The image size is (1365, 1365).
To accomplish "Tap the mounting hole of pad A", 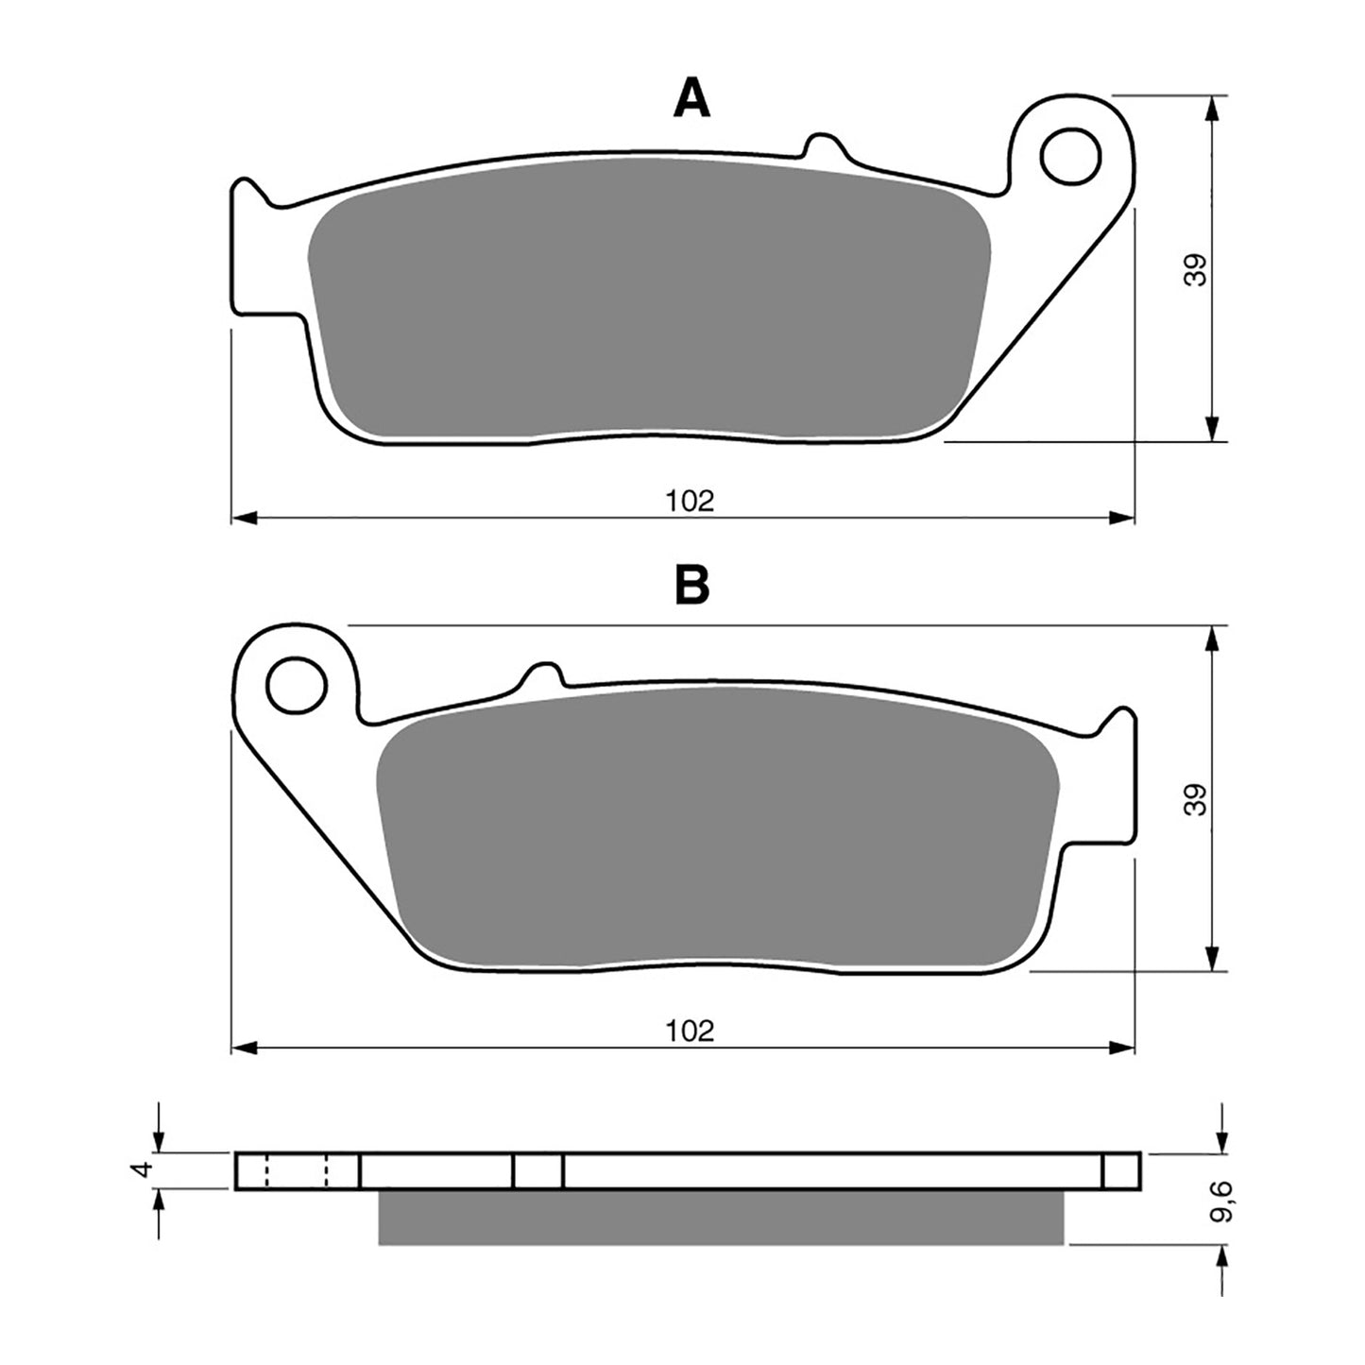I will coord(1071,155).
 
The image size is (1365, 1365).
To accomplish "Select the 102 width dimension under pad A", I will coord(690,501).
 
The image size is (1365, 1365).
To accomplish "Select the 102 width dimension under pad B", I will coord(690,1030).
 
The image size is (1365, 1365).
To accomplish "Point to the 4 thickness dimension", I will coord(143,1169).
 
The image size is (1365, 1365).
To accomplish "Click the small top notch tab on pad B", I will coord(543,673).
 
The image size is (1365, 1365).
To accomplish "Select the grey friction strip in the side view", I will coord(720,1217).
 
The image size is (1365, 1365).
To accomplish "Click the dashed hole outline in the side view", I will coord(296,1170).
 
